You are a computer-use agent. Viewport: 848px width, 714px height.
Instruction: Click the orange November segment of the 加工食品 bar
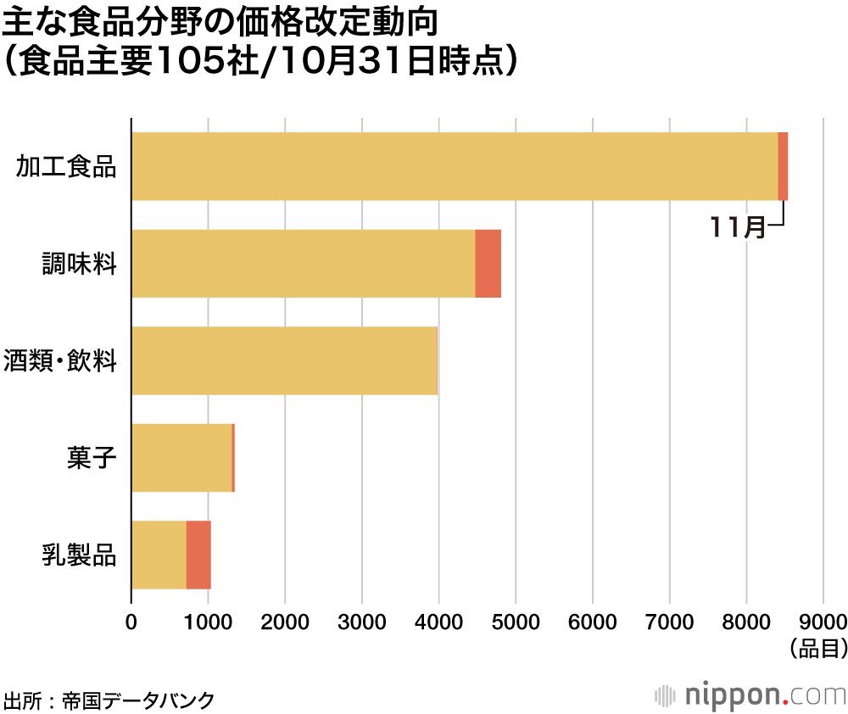pyautogui.click(x=783, y=166)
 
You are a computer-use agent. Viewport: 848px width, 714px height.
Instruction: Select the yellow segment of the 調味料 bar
pyautogui.click(x=303, y=264)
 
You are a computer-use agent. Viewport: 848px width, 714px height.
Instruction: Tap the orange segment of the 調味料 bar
pyautogui.click(x=488, y=264)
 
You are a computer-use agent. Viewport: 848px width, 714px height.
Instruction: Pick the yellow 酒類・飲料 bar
pyautogui.click(x=284, y=360)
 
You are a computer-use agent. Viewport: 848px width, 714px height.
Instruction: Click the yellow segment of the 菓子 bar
pyautogui.click(x=181, y=458)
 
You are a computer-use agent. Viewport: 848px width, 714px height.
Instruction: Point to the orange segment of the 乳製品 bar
pyautogui.click(x=198, y=555)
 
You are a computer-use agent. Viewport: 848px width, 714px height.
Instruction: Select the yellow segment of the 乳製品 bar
pyautogui.click(x=159, y=555)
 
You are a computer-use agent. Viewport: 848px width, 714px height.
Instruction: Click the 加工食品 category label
pyautogui.click(x=67, y=167)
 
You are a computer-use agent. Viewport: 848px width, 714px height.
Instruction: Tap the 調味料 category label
pyautogui.click(x=79, y=264)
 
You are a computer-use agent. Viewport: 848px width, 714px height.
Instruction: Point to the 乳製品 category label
pyautogui.click(x=79, y=555)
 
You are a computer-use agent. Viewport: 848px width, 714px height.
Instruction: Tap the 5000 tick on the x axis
pyautogui.click(x=516, y=621)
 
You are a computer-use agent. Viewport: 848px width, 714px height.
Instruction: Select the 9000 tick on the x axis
pyautogui.click(x=823, y=621)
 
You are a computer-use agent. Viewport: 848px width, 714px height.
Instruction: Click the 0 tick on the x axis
pyautogui.click(x=131, y=621)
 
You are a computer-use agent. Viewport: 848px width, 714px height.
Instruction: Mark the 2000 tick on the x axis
pyautogui.click(x=285, y=621)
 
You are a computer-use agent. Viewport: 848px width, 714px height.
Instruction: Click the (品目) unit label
pyautogui.click(x=817, y=650)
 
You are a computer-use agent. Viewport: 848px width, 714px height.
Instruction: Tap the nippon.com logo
pyautogui.click(x=750, y=695)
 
